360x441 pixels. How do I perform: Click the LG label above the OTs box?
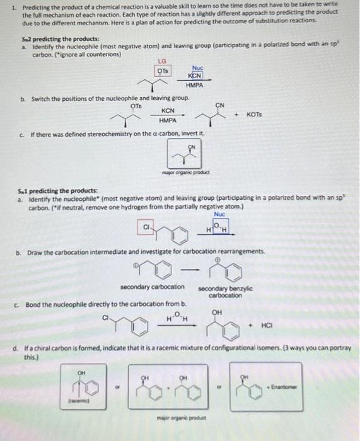[162, 60]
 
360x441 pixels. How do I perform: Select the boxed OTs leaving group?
[163, 70]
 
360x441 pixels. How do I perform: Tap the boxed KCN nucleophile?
[194, 74]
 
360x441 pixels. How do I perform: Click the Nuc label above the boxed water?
[219, 214]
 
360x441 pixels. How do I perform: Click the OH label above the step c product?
[217, 311]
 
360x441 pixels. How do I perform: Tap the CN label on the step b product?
[219, 105]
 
